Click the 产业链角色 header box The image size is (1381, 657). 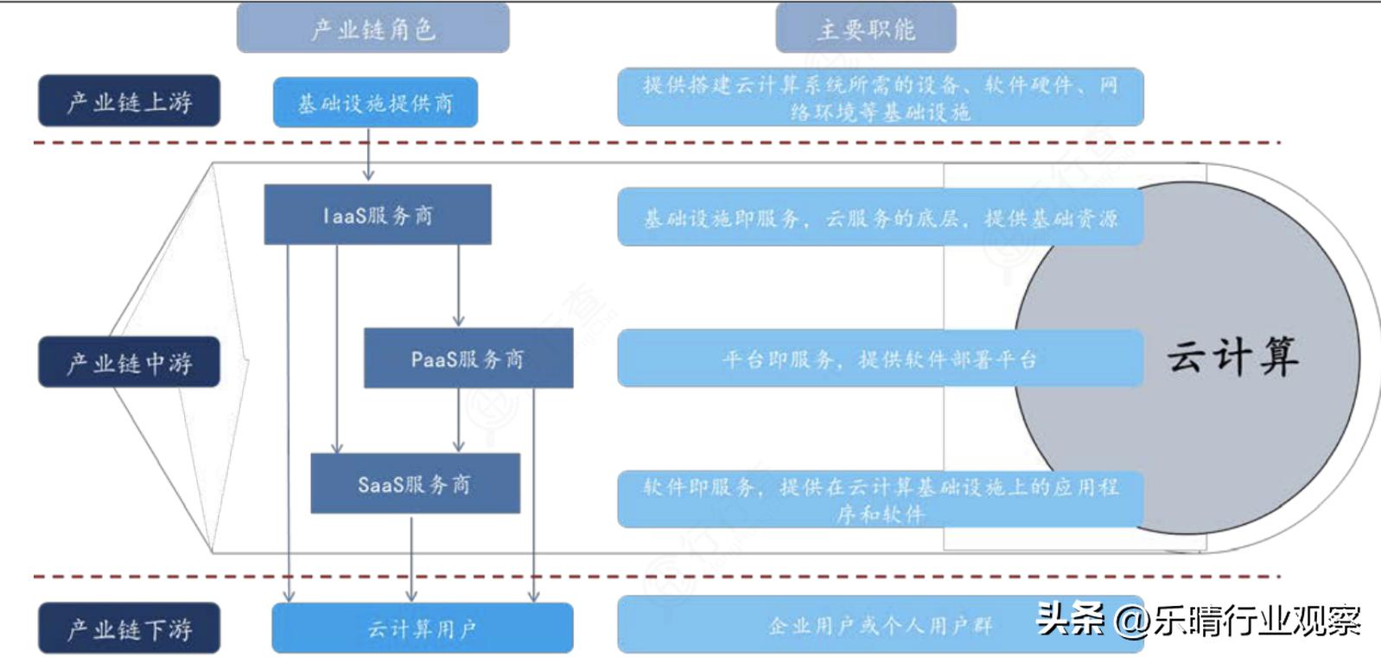[x=372, y=29]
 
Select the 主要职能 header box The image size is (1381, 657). [x=865, y=29]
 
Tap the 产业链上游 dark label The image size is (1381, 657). [x=129, y=101]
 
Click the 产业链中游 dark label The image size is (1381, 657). [x=129, y=362]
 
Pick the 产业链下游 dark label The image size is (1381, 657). [x=129, y=628]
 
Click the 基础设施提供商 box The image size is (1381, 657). [x=375, y=103]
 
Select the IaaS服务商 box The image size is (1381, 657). [x=377, y=214]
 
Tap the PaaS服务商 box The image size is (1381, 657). [x=468, y=358]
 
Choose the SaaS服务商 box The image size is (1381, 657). [x=415, y=483]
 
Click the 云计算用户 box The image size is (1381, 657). [x=422, y=628]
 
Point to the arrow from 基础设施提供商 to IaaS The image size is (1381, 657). [x=369, y=156]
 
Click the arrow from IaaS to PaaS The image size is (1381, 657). [x=458, y=285]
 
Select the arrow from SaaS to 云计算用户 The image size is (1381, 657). [x=411, y=558]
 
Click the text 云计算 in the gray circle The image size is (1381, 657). [x=1231, y=356]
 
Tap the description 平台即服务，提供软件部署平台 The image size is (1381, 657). [x=880, y=358]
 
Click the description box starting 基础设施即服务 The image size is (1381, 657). [x=880, y=218]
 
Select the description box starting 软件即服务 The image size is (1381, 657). [x=880, y=500]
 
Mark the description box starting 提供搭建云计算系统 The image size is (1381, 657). [x=880, y=98]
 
